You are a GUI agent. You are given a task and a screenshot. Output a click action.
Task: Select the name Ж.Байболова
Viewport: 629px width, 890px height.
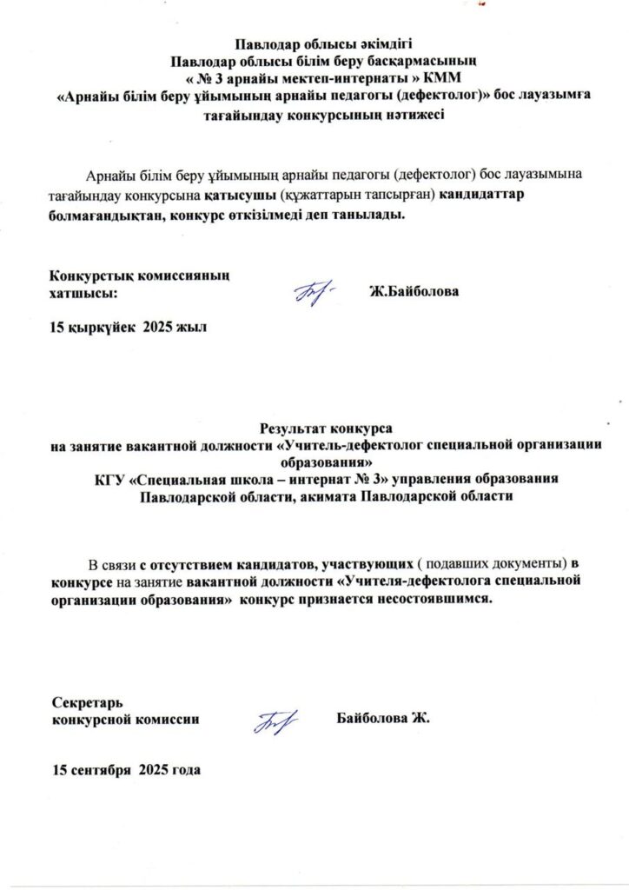pyautogui.click(x=414, y=292)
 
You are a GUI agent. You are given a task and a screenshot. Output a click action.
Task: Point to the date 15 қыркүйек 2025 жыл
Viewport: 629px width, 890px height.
pyautogui.click(x=130, y=327)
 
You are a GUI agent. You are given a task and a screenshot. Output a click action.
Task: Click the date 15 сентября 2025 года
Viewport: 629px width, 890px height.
pyautogui.click(x=127, y=770)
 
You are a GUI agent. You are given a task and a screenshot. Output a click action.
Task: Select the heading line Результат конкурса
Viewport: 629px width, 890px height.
pyautogui.click(x=326, y=428)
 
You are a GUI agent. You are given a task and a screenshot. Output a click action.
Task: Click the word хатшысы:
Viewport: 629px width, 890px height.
pyautogui.click(x=83, y=293)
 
